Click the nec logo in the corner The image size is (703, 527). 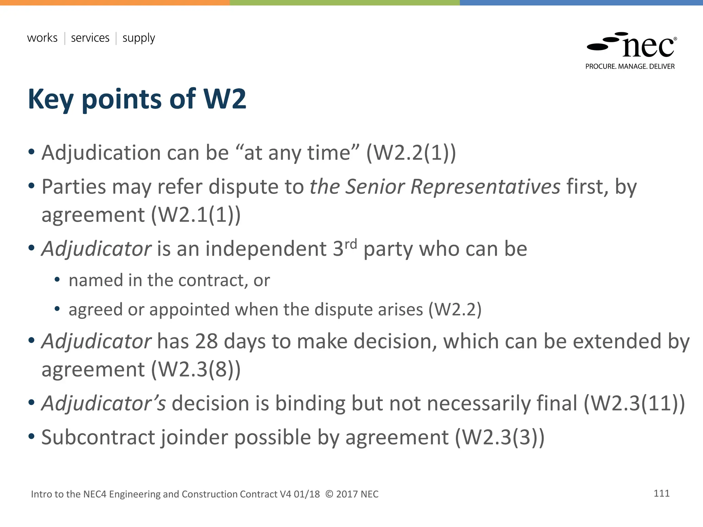point(632,45)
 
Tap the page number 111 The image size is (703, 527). point(661,493)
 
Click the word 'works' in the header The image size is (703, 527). point(42,38)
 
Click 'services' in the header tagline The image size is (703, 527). point(90,38)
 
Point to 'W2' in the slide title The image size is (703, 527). point(225,99)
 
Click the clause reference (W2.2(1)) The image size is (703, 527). point(411,153)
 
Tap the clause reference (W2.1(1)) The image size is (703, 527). point(196,215)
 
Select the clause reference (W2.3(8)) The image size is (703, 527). point(196,370)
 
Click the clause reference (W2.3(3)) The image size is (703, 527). point(500,437)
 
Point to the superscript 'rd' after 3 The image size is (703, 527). point(350,244)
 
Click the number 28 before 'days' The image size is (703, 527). point(206,341)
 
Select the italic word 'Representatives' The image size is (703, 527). point(485,187)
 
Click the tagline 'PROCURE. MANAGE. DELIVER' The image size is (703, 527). point(630,67)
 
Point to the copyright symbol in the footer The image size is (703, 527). point(329,494)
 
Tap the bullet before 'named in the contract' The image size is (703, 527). point(57,280)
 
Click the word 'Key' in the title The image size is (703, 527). point(50,99)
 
